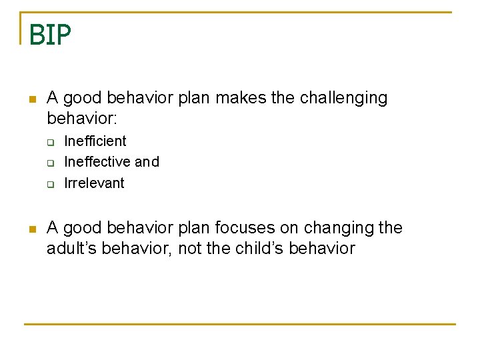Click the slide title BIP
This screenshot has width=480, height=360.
click(x=49, y=35)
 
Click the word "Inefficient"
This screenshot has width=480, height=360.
click(x=95, y=141)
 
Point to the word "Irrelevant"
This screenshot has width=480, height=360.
click(x=94, y=183)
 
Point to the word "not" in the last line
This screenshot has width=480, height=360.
click(x=190, y=249)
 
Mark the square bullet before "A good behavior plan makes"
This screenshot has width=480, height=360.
click(x=31, y=99)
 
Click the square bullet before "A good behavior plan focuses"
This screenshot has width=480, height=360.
click(x=31, y=229)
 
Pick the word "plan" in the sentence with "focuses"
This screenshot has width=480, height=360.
click(x=193, y=228)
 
